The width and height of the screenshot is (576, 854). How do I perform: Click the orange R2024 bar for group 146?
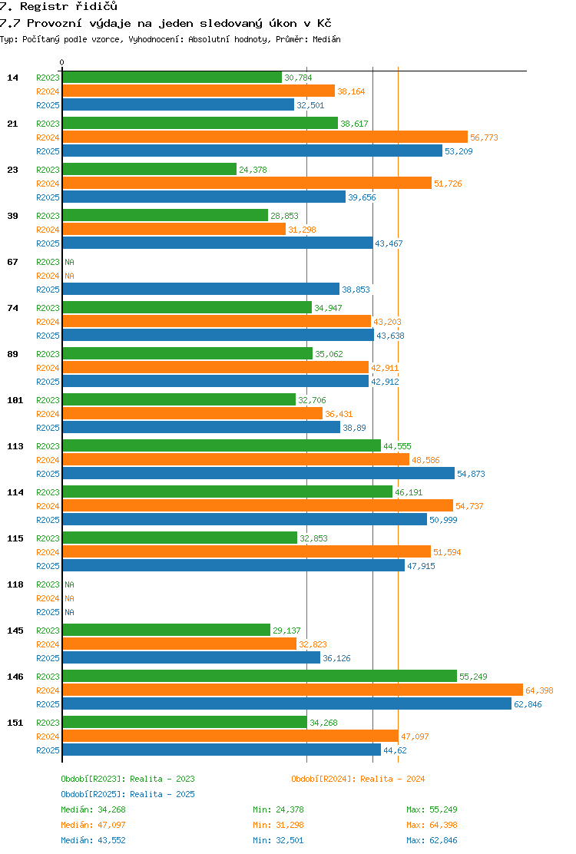pyautogui.click(x=293, y=690)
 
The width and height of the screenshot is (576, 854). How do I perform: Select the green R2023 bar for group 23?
pyautogui.click(x=150, y=170)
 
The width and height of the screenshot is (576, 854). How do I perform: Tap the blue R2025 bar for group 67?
pyautogui.click(x=201, y=290)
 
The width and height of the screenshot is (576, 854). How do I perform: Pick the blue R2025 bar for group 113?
pyautogui.click(x=259, y=473)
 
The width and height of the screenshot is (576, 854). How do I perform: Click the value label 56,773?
pyautogui.click(x=484, y=137)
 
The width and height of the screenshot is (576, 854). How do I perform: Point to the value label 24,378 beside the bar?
pyautogui.click(x=253, y=170)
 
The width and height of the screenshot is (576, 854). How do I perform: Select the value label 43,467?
pyautogui.click(x=389, y=243)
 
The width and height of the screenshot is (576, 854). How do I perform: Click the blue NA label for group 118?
pyautogui.click(x=70, y=612)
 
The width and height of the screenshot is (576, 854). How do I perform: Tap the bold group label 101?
pyautogui.click(x=15, y=400)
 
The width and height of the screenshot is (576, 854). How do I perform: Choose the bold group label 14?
pyautogui.click(x=12, y=78)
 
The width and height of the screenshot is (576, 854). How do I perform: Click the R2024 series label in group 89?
pyautogui.click(x=48, y=368)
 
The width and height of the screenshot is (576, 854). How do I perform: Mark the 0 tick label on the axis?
pyautogui.click(x=61, y=63)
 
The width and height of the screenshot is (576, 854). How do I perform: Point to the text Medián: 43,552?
pyautogui.click(x=93, y=840)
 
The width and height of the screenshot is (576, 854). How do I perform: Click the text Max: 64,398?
pyautogui.click(x=432, y=825)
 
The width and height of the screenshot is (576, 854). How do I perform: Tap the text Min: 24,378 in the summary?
pyautogui.click(x=278, y=809)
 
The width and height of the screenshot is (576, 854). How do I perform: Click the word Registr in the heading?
pyautogui.click(x=45, y=7)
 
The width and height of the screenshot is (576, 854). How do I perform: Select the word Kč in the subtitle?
pyautogui.click(x=324, y=23)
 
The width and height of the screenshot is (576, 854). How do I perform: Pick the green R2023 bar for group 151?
pyautogui.click(x=185, y=722)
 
